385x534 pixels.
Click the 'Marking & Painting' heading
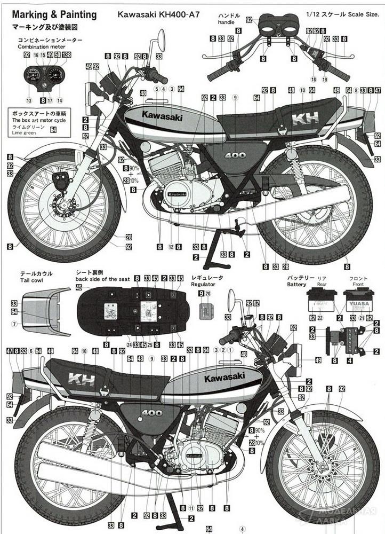(51, 15)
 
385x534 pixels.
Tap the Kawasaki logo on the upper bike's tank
(162, 115)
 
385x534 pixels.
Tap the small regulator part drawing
(206, 311)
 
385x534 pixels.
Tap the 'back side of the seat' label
(102, 279)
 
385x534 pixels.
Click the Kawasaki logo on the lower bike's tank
(224, 378)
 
